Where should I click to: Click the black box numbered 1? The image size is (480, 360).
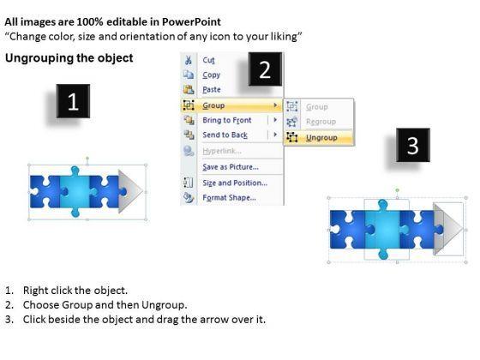73,101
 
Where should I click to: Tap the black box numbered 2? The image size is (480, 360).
265,69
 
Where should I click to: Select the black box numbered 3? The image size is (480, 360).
413,145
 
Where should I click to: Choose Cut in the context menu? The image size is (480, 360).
209,60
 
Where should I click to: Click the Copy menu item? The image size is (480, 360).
211,75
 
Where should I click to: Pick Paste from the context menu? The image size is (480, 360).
212,90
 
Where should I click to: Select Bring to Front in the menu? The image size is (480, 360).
227,120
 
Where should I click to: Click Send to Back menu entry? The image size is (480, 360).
225,135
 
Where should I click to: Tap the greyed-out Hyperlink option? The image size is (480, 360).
222,151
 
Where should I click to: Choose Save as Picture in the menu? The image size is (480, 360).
231,167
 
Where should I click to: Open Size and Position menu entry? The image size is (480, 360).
235,183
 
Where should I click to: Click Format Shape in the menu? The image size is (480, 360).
230,198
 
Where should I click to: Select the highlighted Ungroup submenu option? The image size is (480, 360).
321,138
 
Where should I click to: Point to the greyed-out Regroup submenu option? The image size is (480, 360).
321,122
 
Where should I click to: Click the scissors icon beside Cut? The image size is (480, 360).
189,60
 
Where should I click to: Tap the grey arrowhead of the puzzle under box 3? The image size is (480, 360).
447,228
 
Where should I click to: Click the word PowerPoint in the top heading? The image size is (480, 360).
191,21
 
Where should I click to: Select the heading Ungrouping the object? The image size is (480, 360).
69,58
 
